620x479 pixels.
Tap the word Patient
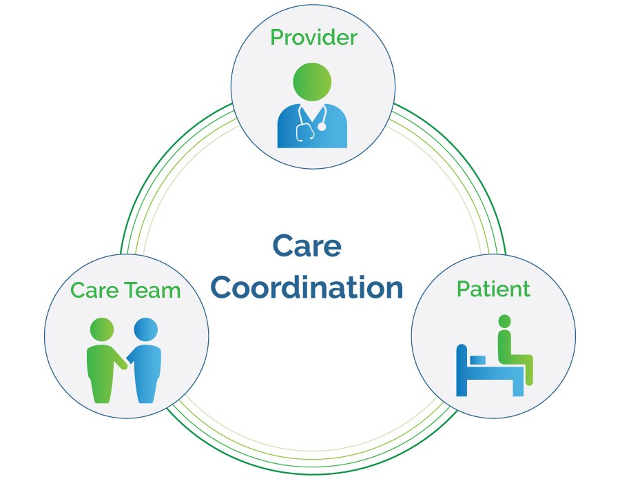pyautogui.click(x=493, y=289)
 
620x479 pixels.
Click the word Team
pyautogui.click(x=153, y=290)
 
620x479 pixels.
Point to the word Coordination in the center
pyautogui.click(x=313, y=287)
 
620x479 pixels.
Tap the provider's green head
pyautogui.click(x=312, y=81)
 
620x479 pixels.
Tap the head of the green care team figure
pyautogui.click(x=102, y=329)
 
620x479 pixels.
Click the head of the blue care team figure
pyautogui.click(x=145, y=329)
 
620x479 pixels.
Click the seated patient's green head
pyautogui.click(x=505, y=321)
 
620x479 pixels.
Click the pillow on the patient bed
pyautogui.click(x=478, y=359)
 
